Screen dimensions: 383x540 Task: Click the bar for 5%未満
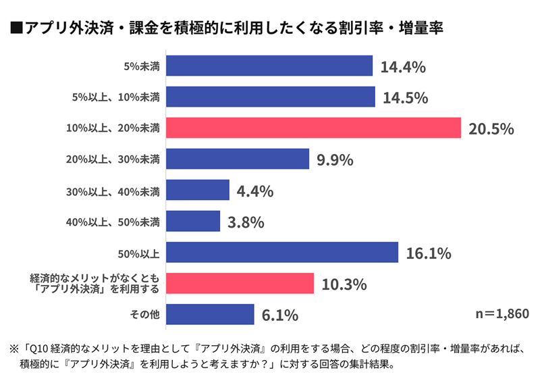click(269, 66)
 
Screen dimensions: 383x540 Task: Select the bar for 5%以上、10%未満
click(270, 97)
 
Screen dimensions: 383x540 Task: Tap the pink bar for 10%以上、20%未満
click(313, 128)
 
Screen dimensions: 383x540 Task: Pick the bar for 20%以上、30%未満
click(237, 159)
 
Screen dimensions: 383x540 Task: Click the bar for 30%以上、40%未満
click(197, 190)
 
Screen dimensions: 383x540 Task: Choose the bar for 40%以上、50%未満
click(192, 221)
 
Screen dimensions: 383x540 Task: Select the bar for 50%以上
click(281, 253)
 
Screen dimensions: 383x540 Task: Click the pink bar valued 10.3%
click(240, 283)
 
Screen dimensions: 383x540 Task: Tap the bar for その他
click(209, 314)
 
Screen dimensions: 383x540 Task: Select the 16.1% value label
click(428, 253)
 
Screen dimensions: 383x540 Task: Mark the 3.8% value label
click(245, 222)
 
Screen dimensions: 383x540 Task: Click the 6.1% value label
click(279, 315)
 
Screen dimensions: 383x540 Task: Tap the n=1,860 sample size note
click(497, 314)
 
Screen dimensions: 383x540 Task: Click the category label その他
click(145, 314)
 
